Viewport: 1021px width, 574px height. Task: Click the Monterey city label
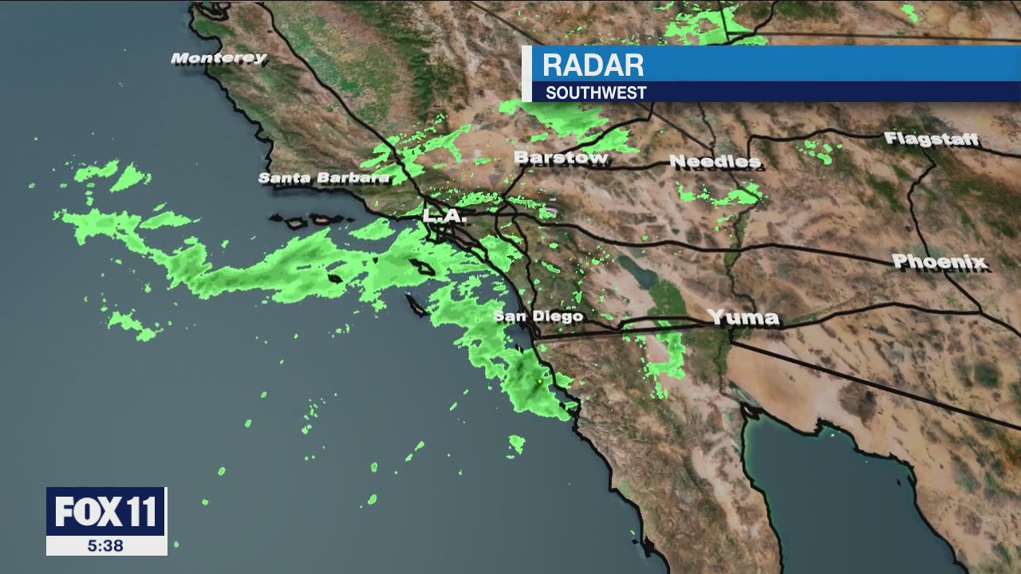pos(219,58)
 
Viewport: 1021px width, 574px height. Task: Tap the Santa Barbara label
pos(324,178)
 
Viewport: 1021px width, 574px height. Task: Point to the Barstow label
pos(561,158)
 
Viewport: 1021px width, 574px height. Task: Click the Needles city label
pos(715,162)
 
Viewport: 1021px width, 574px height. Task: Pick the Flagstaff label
pos(931,140)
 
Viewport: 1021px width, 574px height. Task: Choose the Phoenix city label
pos(940,261)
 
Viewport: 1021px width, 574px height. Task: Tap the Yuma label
pos(743,318)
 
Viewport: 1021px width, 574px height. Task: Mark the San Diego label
pos(538,316)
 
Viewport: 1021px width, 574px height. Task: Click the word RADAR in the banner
pos(593,65)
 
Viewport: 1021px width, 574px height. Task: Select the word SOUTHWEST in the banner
pos(596,93)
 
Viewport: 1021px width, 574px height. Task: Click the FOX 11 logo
pos(106,512)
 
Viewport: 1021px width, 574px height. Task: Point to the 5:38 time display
pos(106,546)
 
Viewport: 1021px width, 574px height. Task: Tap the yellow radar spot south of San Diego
pos(540,383)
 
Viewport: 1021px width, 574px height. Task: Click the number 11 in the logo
pos(142,512)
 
